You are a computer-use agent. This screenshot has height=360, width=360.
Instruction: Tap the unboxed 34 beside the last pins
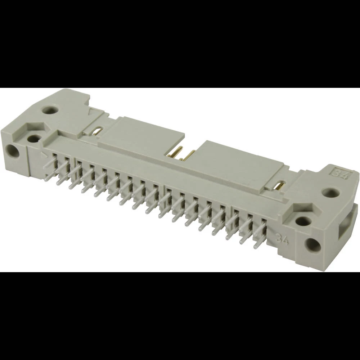(x=283, y=238)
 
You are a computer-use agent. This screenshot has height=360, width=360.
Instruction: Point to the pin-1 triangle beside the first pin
(x=44, y=156)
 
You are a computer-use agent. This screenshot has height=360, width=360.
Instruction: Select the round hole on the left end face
(x=13, y=151)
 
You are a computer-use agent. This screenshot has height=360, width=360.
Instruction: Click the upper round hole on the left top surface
(x=50, y=109)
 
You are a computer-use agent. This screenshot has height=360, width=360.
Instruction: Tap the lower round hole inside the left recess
(x=34, y=138)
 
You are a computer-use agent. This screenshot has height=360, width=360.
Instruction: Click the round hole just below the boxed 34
(x=330, y=193)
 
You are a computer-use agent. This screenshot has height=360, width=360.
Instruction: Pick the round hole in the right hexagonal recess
(x=303, y=221)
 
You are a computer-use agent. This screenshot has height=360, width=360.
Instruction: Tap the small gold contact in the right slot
(x=278, y=186)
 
